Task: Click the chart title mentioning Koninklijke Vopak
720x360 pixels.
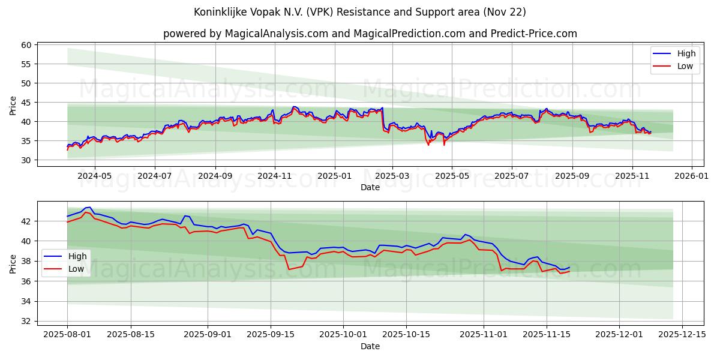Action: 359,12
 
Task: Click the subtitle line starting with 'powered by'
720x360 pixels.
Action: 370,34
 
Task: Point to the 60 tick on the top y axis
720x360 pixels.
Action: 26,45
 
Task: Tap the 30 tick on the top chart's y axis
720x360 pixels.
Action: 26,160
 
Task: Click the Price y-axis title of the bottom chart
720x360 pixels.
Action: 13,263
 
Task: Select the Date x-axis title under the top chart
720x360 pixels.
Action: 370,187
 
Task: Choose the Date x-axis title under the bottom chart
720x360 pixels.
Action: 370,346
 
